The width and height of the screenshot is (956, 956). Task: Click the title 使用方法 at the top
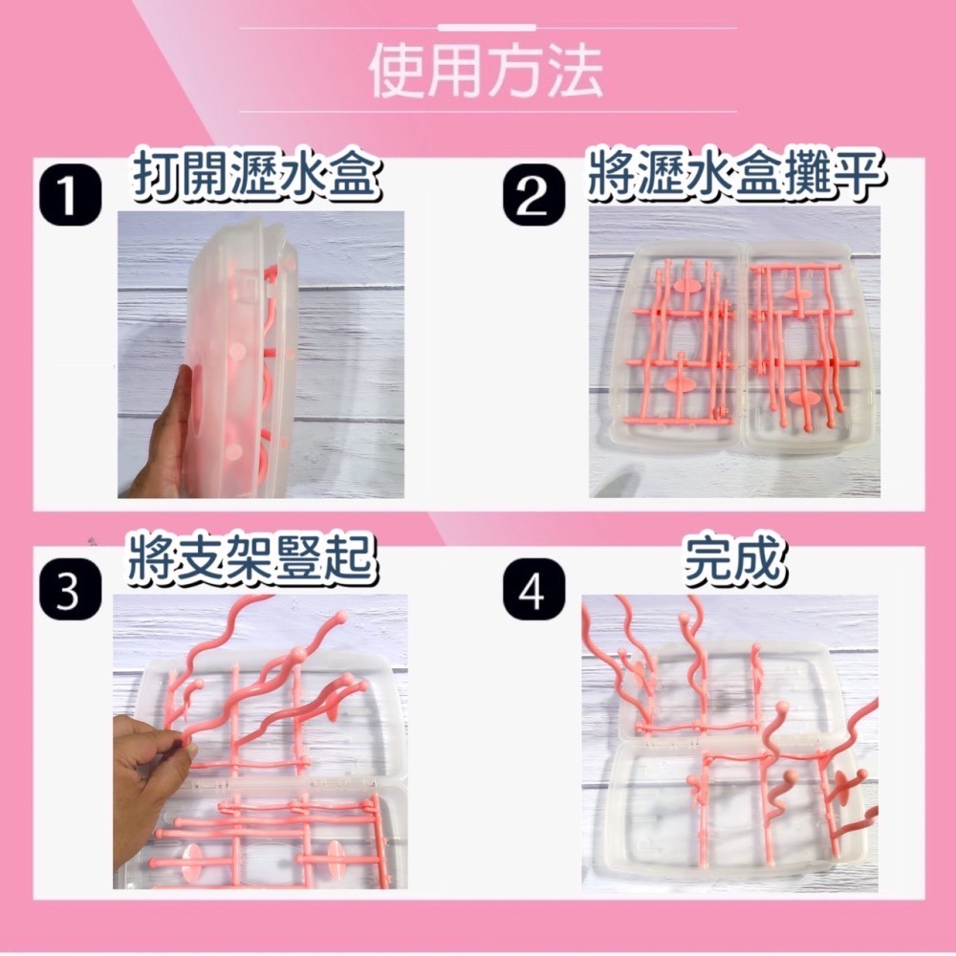tap(487, 72)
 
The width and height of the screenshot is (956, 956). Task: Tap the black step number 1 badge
tap(70, 195)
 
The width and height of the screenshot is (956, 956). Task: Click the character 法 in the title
tap(575, 72)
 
